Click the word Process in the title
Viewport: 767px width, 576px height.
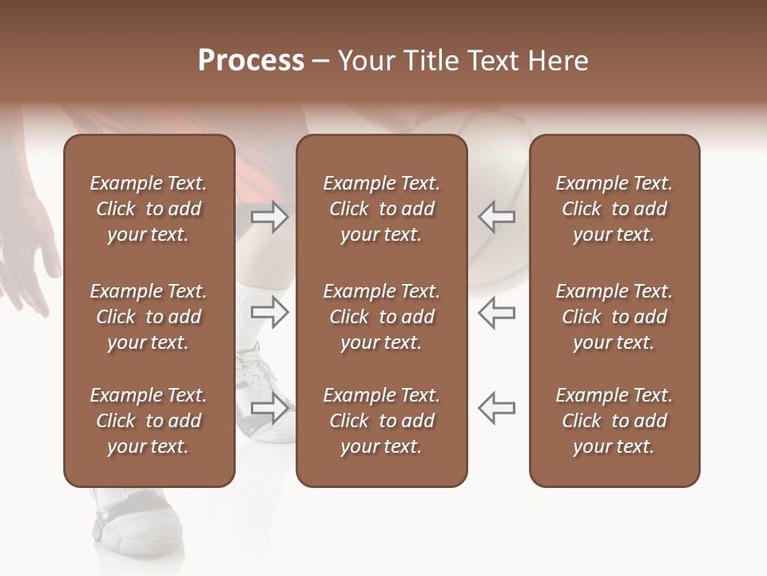point(251,61)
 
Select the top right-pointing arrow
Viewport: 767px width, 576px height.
point(270,217)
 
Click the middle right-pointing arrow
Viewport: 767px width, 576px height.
point(270,312)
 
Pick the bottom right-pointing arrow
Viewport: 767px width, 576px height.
point(270,407)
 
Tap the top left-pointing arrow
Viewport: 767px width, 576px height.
point(496,217)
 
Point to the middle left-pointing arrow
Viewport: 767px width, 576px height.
point(496,312)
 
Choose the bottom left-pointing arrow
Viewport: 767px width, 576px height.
point(496,407)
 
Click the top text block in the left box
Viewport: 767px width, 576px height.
point(149,209)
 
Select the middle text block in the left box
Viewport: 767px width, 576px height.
point(149,317)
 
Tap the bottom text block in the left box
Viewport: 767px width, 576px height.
point(149,421)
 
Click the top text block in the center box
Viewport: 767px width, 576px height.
point(381,209)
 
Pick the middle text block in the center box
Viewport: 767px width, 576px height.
point(381,317)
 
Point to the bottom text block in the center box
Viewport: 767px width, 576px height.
point(381,421)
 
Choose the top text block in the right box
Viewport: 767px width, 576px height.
point(614,209)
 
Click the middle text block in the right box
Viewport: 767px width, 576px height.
point(614,317)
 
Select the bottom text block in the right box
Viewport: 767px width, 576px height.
point(614,421)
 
